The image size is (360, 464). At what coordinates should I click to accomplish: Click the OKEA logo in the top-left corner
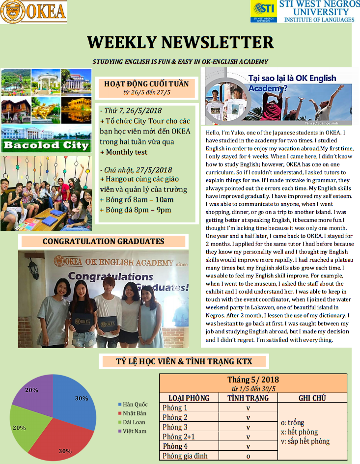[33, 12]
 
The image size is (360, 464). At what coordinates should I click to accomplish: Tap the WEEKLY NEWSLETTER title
[180, 42]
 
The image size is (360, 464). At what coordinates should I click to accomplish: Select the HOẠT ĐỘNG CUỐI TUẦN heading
[146, 83]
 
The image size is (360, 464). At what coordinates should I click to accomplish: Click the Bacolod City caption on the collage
[46, 145]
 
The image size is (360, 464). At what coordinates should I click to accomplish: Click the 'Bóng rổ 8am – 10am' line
[137, 200]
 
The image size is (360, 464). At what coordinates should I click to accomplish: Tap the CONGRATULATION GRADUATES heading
[103, 241]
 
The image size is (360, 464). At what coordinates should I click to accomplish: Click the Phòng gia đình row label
[185, 456]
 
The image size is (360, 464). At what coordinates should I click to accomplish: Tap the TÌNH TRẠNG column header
[248, 398]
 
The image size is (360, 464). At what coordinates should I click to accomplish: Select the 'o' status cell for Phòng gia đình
[248, 456]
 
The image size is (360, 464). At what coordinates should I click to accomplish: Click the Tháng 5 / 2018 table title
[253, 380]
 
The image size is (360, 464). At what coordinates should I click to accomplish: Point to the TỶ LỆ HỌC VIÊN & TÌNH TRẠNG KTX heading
[184, 362]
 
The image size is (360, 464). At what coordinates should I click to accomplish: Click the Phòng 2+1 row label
[179, 437]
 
